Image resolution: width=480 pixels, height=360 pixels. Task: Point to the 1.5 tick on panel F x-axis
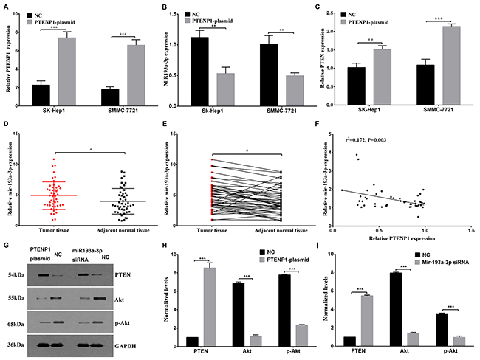coord(470,229)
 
